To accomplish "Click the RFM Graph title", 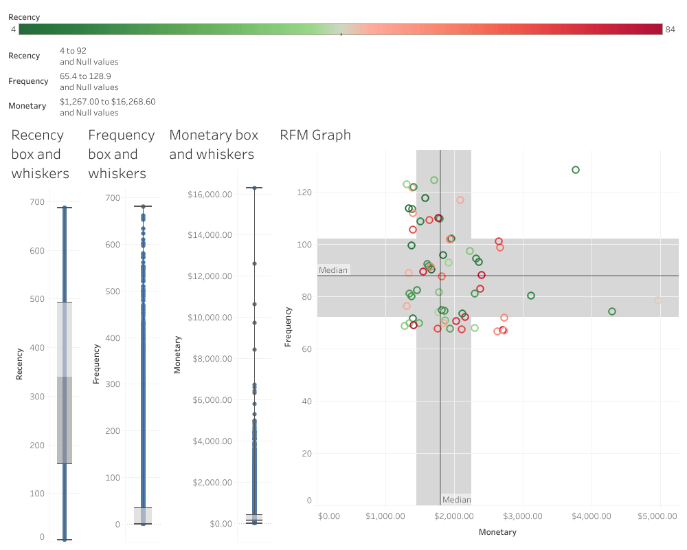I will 315,135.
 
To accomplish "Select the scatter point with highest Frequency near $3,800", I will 576,170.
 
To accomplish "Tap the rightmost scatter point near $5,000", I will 658,300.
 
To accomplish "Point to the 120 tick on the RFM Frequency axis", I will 304,192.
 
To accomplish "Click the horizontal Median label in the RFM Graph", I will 334,270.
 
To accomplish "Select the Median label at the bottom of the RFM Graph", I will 456,500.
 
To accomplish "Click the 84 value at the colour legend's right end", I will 671,29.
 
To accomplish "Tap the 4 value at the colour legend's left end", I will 14,29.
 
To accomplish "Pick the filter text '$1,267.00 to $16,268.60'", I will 107,102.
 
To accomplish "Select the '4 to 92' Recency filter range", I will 73,51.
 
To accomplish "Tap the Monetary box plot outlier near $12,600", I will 254,263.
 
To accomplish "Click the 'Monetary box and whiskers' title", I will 214,144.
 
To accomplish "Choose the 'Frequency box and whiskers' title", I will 122,154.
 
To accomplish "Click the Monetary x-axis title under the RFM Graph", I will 497,532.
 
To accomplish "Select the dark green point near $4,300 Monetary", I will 612,311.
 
